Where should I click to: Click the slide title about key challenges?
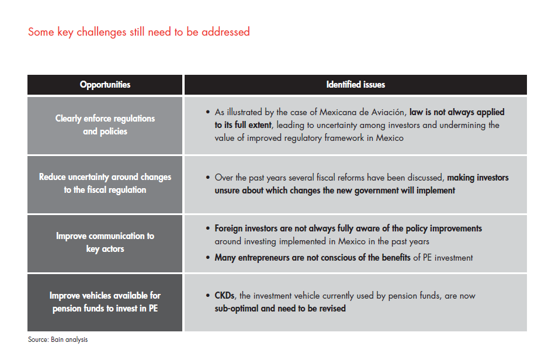tap(139, 32)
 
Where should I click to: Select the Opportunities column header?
tap(105, 85)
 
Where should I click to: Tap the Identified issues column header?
tap(355, 85)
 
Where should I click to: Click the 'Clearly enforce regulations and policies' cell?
tap(105, 124)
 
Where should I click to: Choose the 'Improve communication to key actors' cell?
tap(105, 243)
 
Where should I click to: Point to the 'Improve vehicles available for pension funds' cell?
tap(105, 302)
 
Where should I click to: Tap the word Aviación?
tap(382, 112)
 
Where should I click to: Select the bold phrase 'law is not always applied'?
tap(457, 112)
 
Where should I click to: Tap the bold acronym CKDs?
tap(226, 296)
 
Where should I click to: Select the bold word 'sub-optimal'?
tap(236, 308)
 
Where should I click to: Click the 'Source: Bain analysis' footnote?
tap(58, 340)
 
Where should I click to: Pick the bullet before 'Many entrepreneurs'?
tap(209, 257)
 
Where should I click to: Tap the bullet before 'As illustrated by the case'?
tap(209, 112)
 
